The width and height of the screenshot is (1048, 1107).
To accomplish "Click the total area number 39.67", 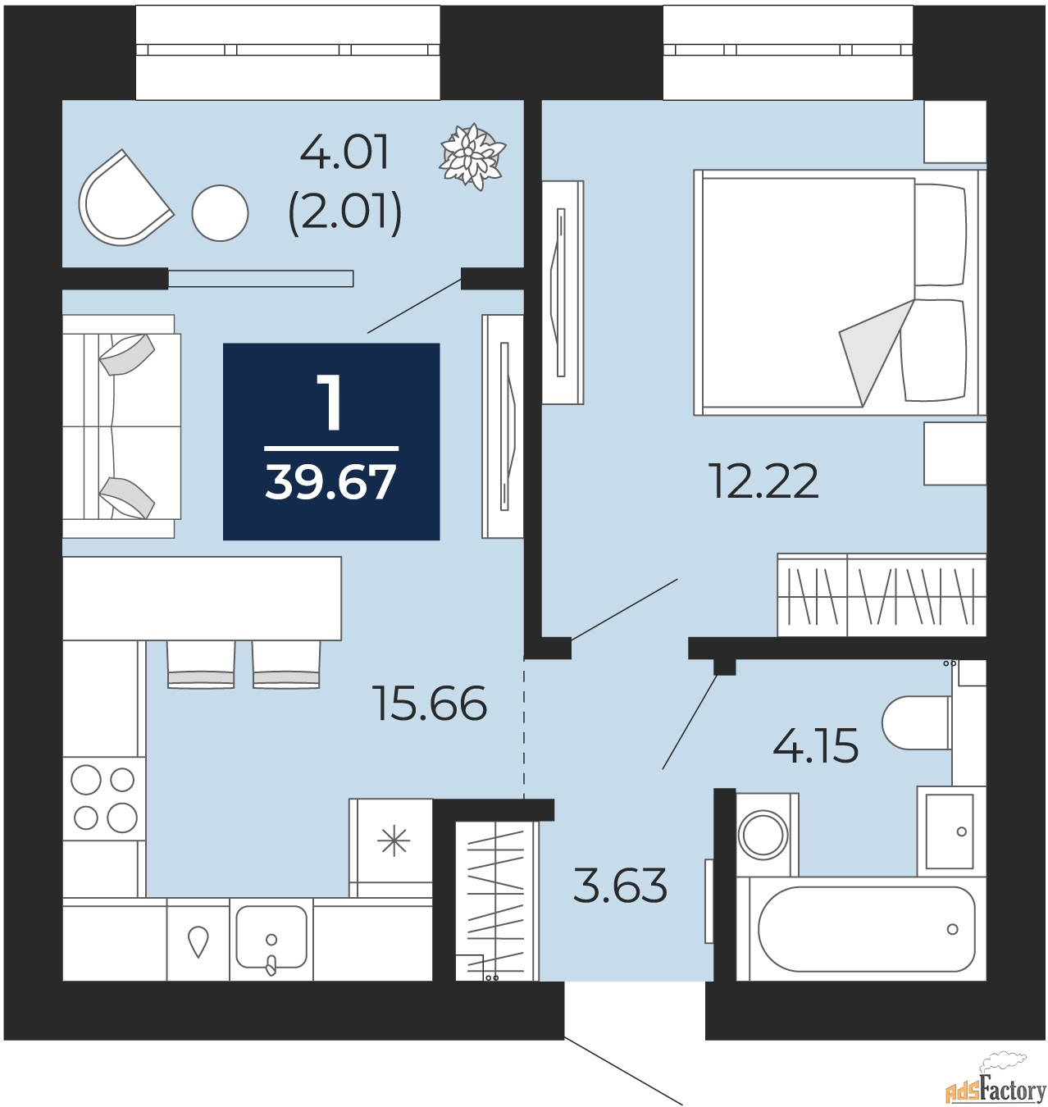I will click(330, 482).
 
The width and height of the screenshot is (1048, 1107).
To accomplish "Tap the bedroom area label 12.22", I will click(763, 481).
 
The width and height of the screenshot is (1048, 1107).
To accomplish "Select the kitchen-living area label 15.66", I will click(430, 704).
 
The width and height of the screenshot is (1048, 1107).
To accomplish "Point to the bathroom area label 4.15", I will click(815, 746).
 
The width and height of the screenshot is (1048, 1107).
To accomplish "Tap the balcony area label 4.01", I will click(344, 153).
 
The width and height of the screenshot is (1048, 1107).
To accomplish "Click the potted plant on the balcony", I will click(473, 157).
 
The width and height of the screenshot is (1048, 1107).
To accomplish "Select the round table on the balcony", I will click(220, 213).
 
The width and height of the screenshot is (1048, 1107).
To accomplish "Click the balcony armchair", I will click(123, 200).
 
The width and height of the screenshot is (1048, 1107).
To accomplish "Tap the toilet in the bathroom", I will click(917, 723).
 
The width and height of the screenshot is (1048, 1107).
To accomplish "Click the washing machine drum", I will click(763, 835).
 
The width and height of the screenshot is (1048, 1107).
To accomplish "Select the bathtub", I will click(866, 929).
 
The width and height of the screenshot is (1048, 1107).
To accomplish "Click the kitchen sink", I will click(271, 937).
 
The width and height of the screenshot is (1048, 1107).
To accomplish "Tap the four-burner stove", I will click(104, 798).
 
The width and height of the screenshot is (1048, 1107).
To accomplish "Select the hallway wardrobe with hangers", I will click(495, 899).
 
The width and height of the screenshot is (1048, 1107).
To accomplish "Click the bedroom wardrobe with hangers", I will click(882, 595).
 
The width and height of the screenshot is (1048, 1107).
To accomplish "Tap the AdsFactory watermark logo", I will click(996, 1087).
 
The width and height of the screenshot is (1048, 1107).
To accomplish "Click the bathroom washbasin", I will click(950, 831).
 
